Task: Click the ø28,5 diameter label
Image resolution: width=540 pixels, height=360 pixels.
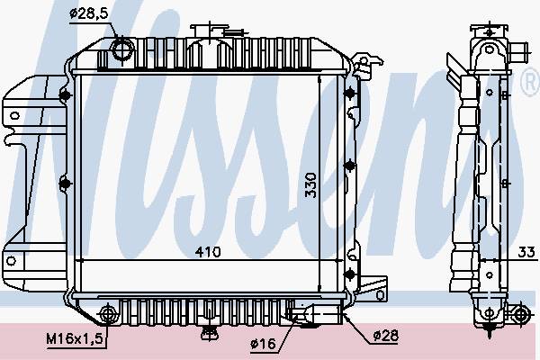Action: [89, 13]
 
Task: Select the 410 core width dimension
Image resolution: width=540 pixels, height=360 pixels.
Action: [208, 252]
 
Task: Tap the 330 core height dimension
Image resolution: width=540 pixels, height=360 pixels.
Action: [310, 185]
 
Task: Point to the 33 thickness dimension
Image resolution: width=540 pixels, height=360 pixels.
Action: [526, 252]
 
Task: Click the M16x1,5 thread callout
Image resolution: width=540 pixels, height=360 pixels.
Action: [75, 339]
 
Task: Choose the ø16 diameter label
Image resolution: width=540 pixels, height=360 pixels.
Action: [264, 343]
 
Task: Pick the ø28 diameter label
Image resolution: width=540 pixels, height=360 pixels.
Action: [386, 335]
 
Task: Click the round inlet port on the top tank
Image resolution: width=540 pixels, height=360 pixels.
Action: [122, 50]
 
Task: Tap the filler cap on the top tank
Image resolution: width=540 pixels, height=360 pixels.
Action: [210, 30]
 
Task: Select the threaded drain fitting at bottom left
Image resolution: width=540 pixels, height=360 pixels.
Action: [108, 314]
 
